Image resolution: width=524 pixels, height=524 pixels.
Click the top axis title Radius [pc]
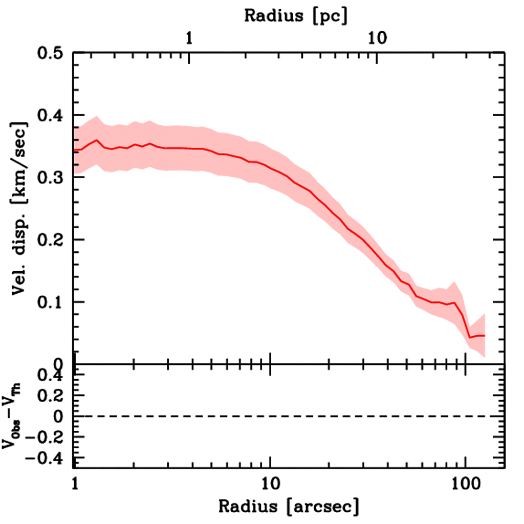pyautogui.click(x=296, y=15)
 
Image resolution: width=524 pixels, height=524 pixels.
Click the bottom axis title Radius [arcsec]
pyautogui.click(x=289, y=507)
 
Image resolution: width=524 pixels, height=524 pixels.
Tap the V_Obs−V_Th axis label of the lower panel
pyautogui.click(x=14, y=416)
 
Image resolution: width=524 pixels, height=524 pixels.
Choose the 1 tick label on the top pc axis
pyautogui.click(x=189, y=39)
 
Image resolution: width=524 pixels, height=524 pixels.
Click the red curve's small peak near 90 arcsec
pyautogui.click(x=454, y=302)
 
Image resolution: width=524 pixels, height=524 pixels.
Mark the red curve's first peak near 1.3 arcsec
pyautogui.click(x=96, y=140)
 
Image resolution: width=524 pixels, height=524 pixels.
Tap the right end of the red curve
pyautogui.click(x=484, y=336)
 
